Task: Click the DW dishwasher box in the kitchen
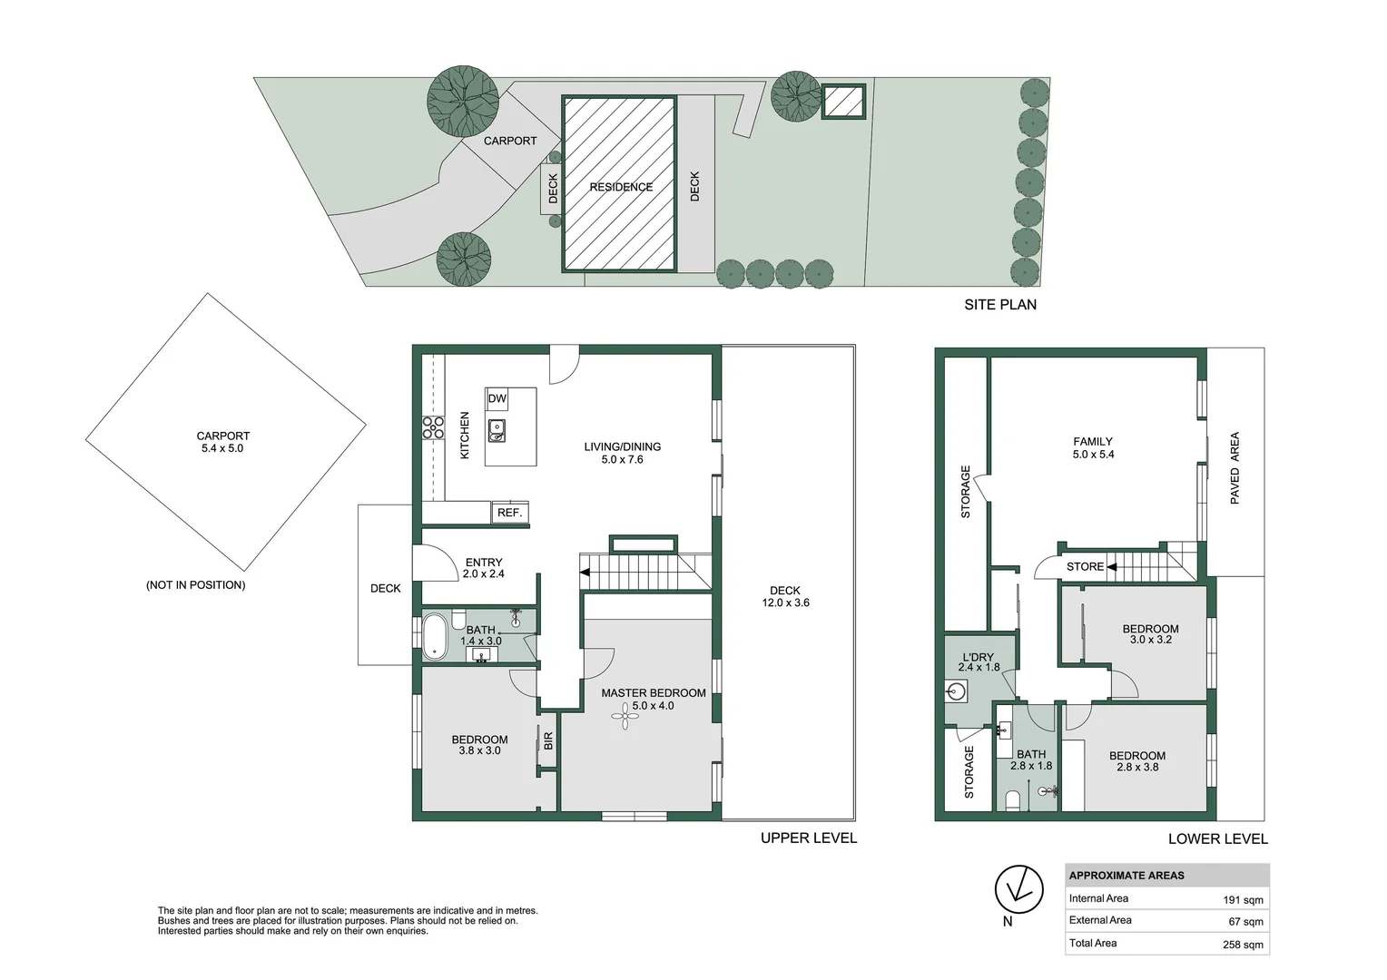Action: (x=497, y=398)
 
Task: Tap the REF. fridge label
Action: (x=509, y=513)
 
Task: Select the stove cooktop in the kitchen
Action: (x=433, y=427)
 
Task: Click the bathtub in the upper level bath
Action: (x=435, y=636)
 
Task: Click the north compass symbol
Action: (x=1018, y=889)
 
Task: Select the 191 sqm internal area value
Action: (x=1243, y=900)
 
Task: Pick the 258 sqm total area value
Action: (x=1243, y=945)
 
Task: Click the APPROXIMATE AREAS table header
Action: (x=1126, y=876)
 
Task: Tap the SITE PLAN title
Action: (x=999, y=305)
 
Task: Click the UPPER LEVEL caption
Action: (x=808, y=838)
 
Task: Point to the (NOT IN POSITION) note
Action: (x=195, y=585)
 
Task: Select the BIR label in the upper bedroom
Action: (x=548, y=741)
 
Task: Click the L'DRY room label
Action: (x=978, y=657)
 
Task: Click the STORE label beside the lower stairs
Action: (x=1085, y=567)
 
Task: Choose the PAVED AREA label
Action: (x=1235, y=468)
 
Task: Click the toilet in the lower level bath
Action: (x=1012, y=799)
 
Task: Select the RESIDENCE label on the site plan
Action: (x=621, y=187)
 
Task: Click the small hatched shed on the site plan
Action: (x=843, y=101)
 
